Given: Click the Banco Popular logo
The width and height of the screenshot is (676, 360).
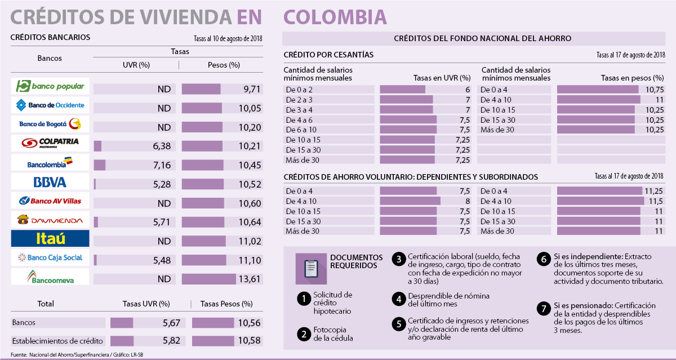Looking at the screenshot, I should tap(50, 86).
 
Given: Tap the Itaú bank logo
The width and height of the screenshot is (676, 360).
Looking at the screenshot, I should tap(50, 238).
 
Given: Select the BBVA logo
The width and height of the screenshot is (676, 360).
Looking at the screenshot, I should tap(50, 182).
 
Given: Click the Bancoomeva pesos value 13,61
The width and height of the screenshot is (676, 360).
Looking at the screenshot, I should tap(250, 279).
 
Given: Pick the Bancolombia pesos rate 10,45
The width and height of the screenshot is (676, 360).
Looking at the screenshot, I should tap(250, 165).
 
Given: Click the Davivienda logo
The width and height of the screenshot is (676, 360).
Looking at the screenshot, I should tap(50, 220).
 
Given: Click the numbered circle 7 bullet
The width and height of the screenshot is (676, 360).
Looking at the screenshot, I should tap(543, 308).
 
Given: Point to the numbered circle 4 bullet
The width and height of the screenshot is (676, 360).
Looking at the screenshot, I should tap(398, 299).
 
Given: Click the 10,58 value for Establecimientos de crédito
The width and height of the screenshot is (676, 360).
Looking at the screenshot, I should tap(250, 341).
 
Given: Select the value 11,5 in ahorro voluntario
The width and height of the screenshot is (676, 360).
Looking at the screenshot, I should tap(655, 201).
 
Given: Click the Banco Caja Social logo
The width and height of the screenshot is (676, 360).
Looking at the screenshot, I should tap(50, 257).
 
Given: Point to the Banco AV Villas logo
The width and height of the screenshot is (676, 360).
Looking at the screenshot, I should tap(50, 201).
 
